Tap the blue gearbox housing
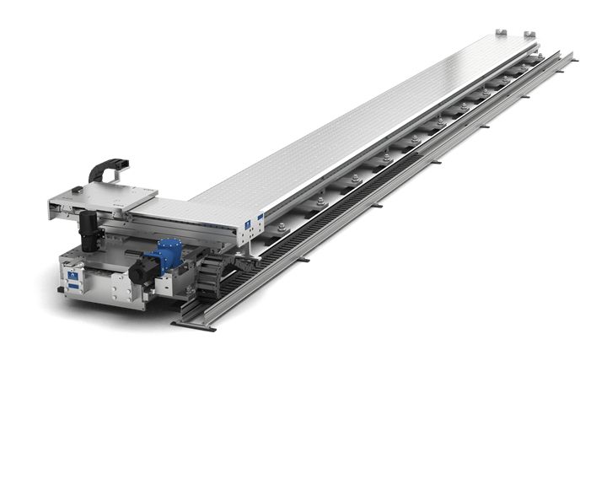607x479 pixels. pos(163,253)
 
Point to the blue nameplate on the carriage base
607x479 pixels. pos(74,280)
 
